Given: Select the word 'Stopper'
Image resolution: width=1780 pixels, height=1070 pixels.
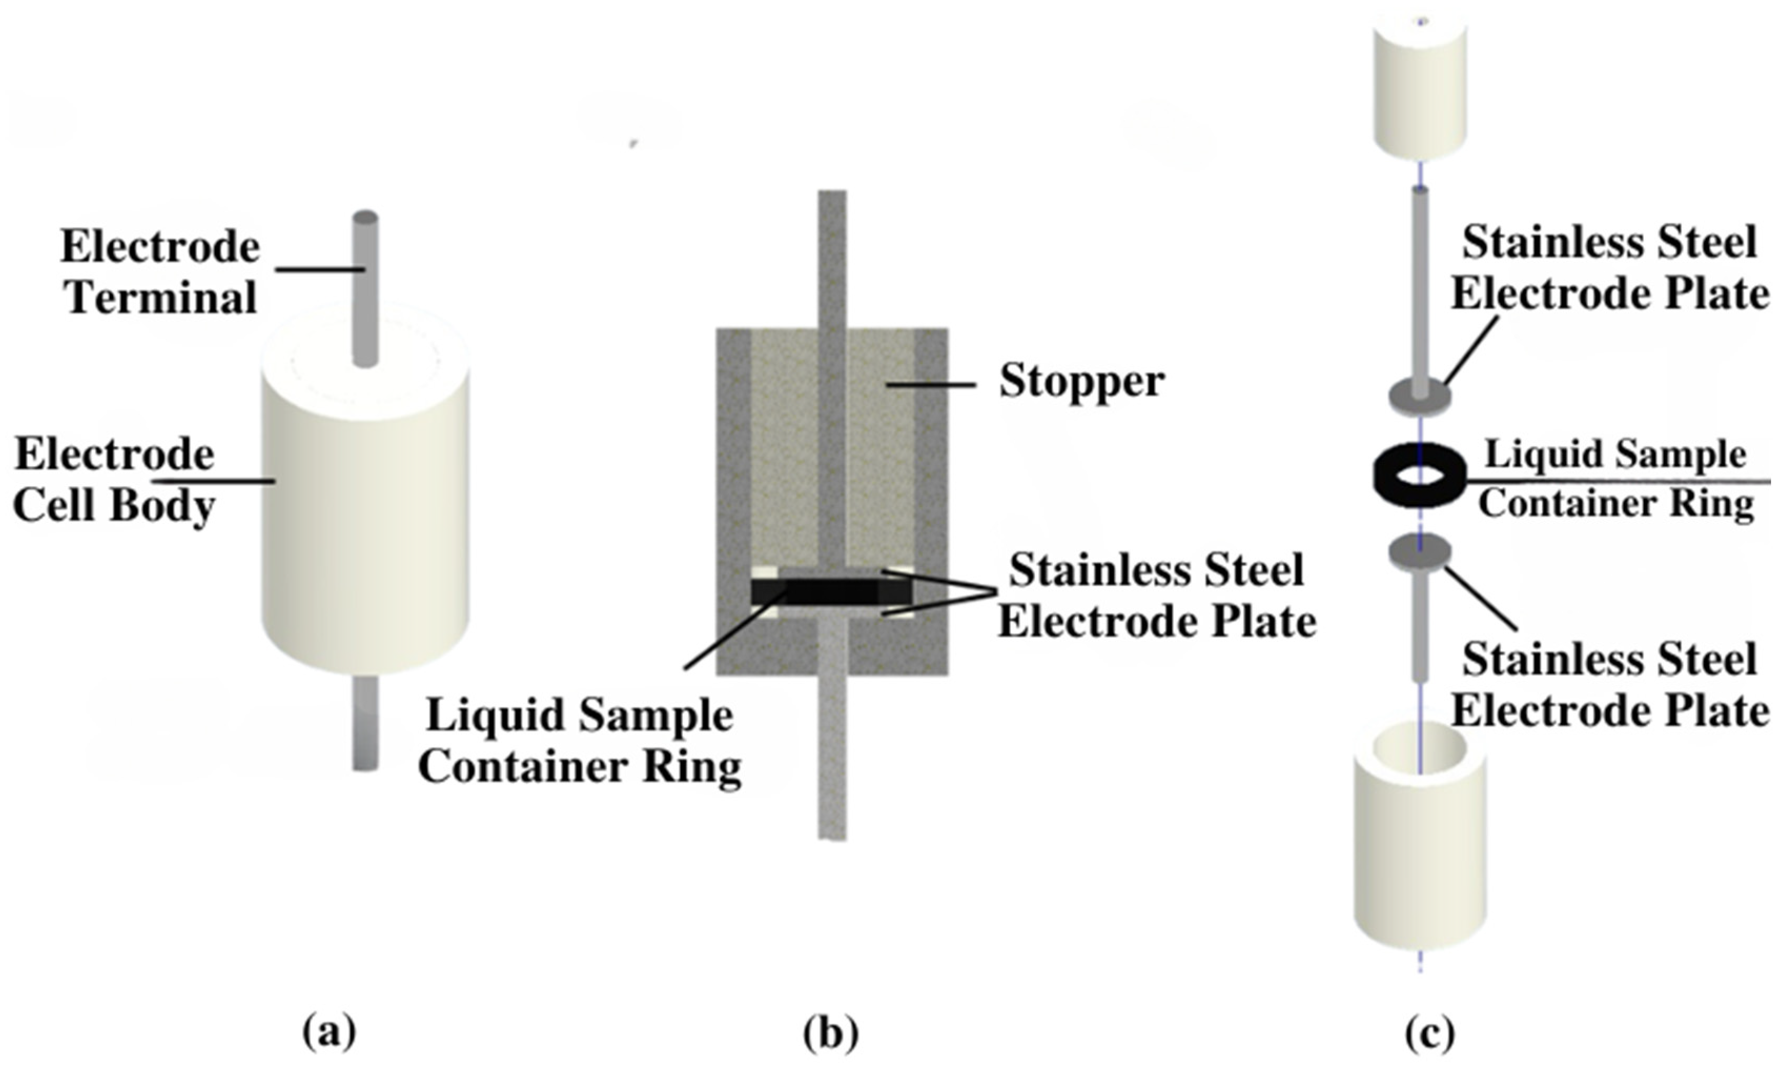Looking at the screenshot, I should coord(1080,380).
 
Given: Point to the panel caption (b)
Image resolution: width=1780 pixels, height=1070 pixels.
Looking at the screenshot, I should coord(831,1033).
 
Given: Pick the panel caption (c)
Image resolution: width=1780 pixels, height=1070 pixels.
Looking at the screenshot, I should coord(1429,1033).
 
